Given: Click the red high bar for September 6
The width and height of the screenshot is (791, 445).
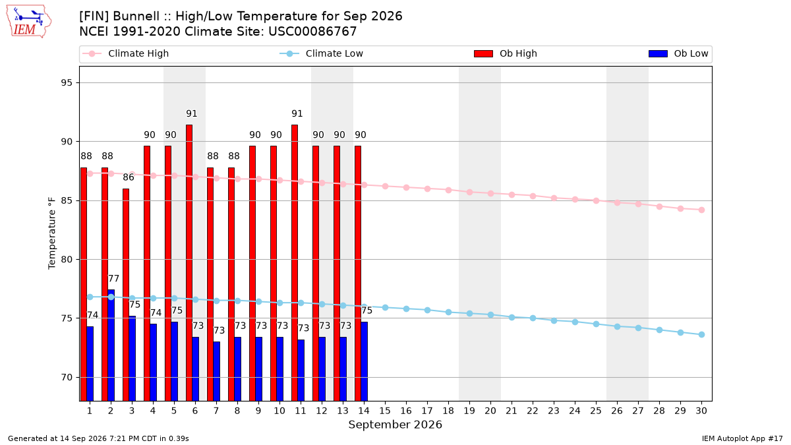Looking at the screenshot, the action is [x=189, y=263].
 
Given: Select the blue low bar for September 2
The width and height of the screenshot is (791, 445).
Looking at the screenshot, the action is [x=111, y=345].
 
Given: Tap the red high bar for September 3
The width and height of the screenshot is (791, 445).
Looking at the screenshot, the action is [x=126, y=295].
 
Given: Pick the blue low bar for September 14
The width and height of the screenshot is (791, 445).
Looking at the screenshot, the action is [x=365, y=361].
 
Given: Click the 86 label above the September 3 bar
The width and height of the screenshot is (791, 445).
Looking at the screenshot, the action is [x=129, y=177].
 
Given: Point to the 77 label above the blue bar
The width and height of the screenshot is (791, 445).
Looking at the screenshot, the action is [x=113, y=279].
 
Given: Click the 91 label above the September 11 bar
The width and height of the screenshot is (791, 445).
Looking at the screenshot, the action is [x=297, y=113].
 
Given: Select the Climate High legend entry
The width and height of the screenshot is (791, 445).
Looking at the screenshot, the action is [x=125, y=53].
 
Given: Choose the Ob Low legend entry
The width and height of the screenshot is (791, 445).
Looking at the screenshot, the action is [x=678, y=53].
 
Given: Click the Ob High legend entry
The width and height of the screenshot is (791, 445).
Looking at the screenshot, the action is [x=506, y=53].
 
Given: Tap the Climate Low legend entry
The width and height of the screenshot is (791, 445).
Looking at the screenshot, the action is [x=322, y=53].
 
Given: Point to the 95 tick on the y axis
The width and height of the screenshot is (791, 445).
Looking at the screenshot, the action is [x=67, y=82].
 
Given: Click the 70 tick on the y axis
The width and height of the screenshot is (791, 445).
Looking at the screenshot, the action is [x=67, y=378].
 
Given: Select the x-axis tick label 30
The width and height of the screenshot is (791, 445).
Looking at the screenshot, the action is [x=701, y=411].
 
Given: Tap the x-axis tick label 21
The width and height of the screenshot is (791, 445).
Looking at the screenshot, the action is [x=512, y=411].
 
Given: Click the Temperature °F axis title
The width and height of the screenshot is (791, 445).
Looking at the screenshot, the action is [x=52, y=233].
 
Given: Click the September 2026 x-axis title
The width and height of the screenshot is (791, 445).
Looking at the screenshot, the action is [x=395, y=425].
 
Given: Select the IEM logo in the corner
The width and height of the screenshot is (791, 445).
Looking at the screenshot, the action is [x=28, y=22].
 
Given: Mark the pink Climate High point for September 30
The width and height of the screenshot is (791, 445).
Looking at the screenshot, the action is [x=701, y=210].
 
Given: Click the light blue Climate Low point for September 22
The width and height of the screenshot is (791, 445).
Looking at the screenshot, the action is [x=533, y=318].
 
